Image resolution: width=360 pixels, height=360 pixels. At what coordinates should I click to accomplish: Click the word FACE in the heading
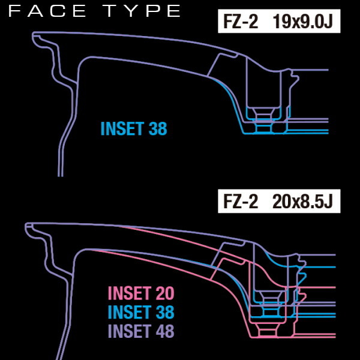click(47, 11)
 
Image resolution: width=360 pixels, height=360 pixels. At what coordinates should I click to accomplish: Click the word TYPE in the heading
click(142, 11)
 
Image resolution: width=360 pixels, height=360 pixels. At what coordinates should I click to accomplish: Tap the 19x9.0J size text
click(302, 22)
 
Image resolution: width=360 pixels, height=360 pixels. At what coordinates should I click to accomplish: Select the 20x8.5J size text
click(302, 202)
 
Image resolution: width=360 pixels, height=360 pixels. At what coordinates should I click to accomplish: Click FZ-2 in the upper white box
click(241, 22)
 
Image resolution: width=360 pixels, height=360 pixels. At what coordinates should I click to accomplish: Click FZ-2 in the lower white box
click(241, 202)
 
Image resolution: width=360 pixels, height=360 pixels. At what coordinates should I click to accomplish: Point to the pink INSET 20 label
click(141, 293)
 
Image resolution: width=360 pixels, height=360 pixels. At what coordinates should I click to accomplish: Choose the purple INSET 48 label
click(141, 331)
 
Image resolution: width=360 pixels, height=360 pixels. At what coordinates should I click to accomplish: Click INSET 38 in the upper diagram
click(134, 128)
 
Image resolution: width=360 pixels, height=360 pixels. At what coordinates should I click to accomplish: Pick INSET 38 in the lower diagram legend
click(141, 312)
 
